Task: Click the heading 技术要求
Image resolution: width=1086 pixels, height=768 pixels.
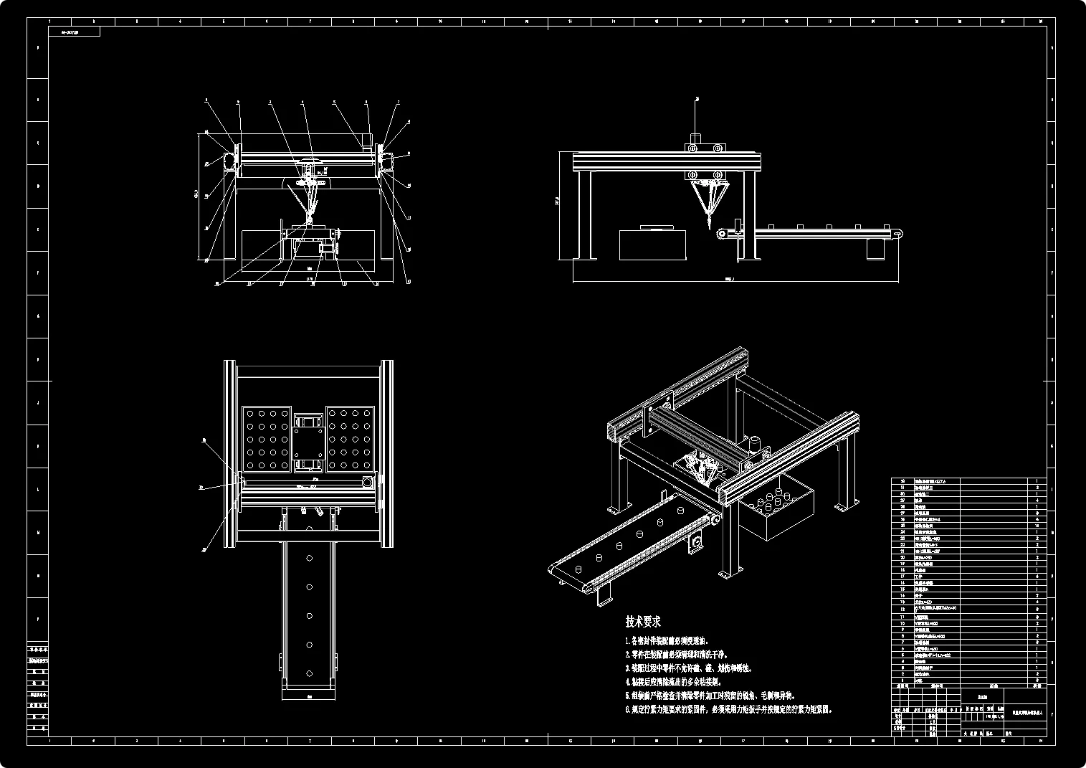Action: click(643, 621)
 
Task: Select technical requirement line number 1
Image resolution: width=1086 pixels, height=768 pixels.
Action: click(667, 640)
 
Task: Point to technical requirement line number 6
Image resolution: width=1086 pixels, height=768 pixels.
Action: click(728, 709)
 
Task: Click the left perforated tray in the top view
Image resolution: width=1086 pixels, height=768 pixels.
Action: click(266, 440)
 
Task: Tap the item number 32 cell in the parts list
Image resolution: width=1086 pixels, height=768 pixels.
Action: click(902, 481)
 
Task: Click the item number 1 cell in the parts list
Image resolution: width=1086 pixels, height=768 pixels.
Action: click(902, 681)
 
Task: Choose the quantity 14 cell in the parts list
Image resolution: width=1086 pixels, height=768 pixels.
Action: click(1037, 526)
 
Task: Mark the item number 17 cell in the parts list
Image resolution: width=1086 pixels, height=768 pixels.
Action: click(902, 577)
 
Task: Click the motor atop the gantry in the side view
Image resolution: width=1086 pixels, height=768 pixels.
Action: click(695, 137)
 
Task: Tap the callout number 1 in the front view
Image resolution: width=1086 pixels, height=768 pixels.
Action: click(206, 101)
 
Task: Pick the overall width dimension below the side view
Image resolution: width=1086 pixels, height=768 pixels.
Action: click(731, 280)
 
